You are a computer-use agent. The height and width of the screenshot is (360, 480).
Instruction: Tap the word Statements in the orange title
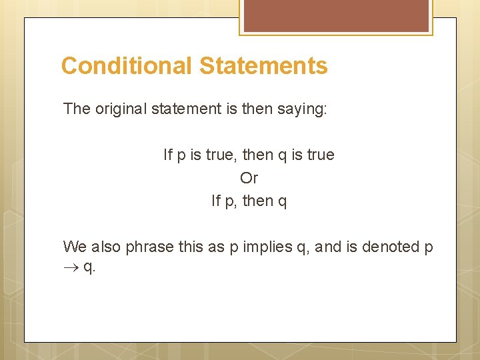pos(263,66)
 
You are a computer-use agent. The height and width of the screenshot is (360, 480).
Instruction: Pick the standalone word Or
pos(249,178)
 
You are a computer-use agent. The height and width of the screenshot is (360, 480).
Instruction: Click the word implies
pos(267,247)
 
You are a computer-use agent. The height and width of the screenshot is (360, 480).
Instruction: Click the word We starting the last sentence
pos(75,247)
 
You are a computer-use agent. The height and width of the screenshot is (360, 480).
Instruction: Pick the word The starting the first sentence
pos(75,109)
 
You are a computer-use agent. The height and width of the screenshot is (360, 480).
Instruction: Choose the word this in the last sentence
pos(193,247)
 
